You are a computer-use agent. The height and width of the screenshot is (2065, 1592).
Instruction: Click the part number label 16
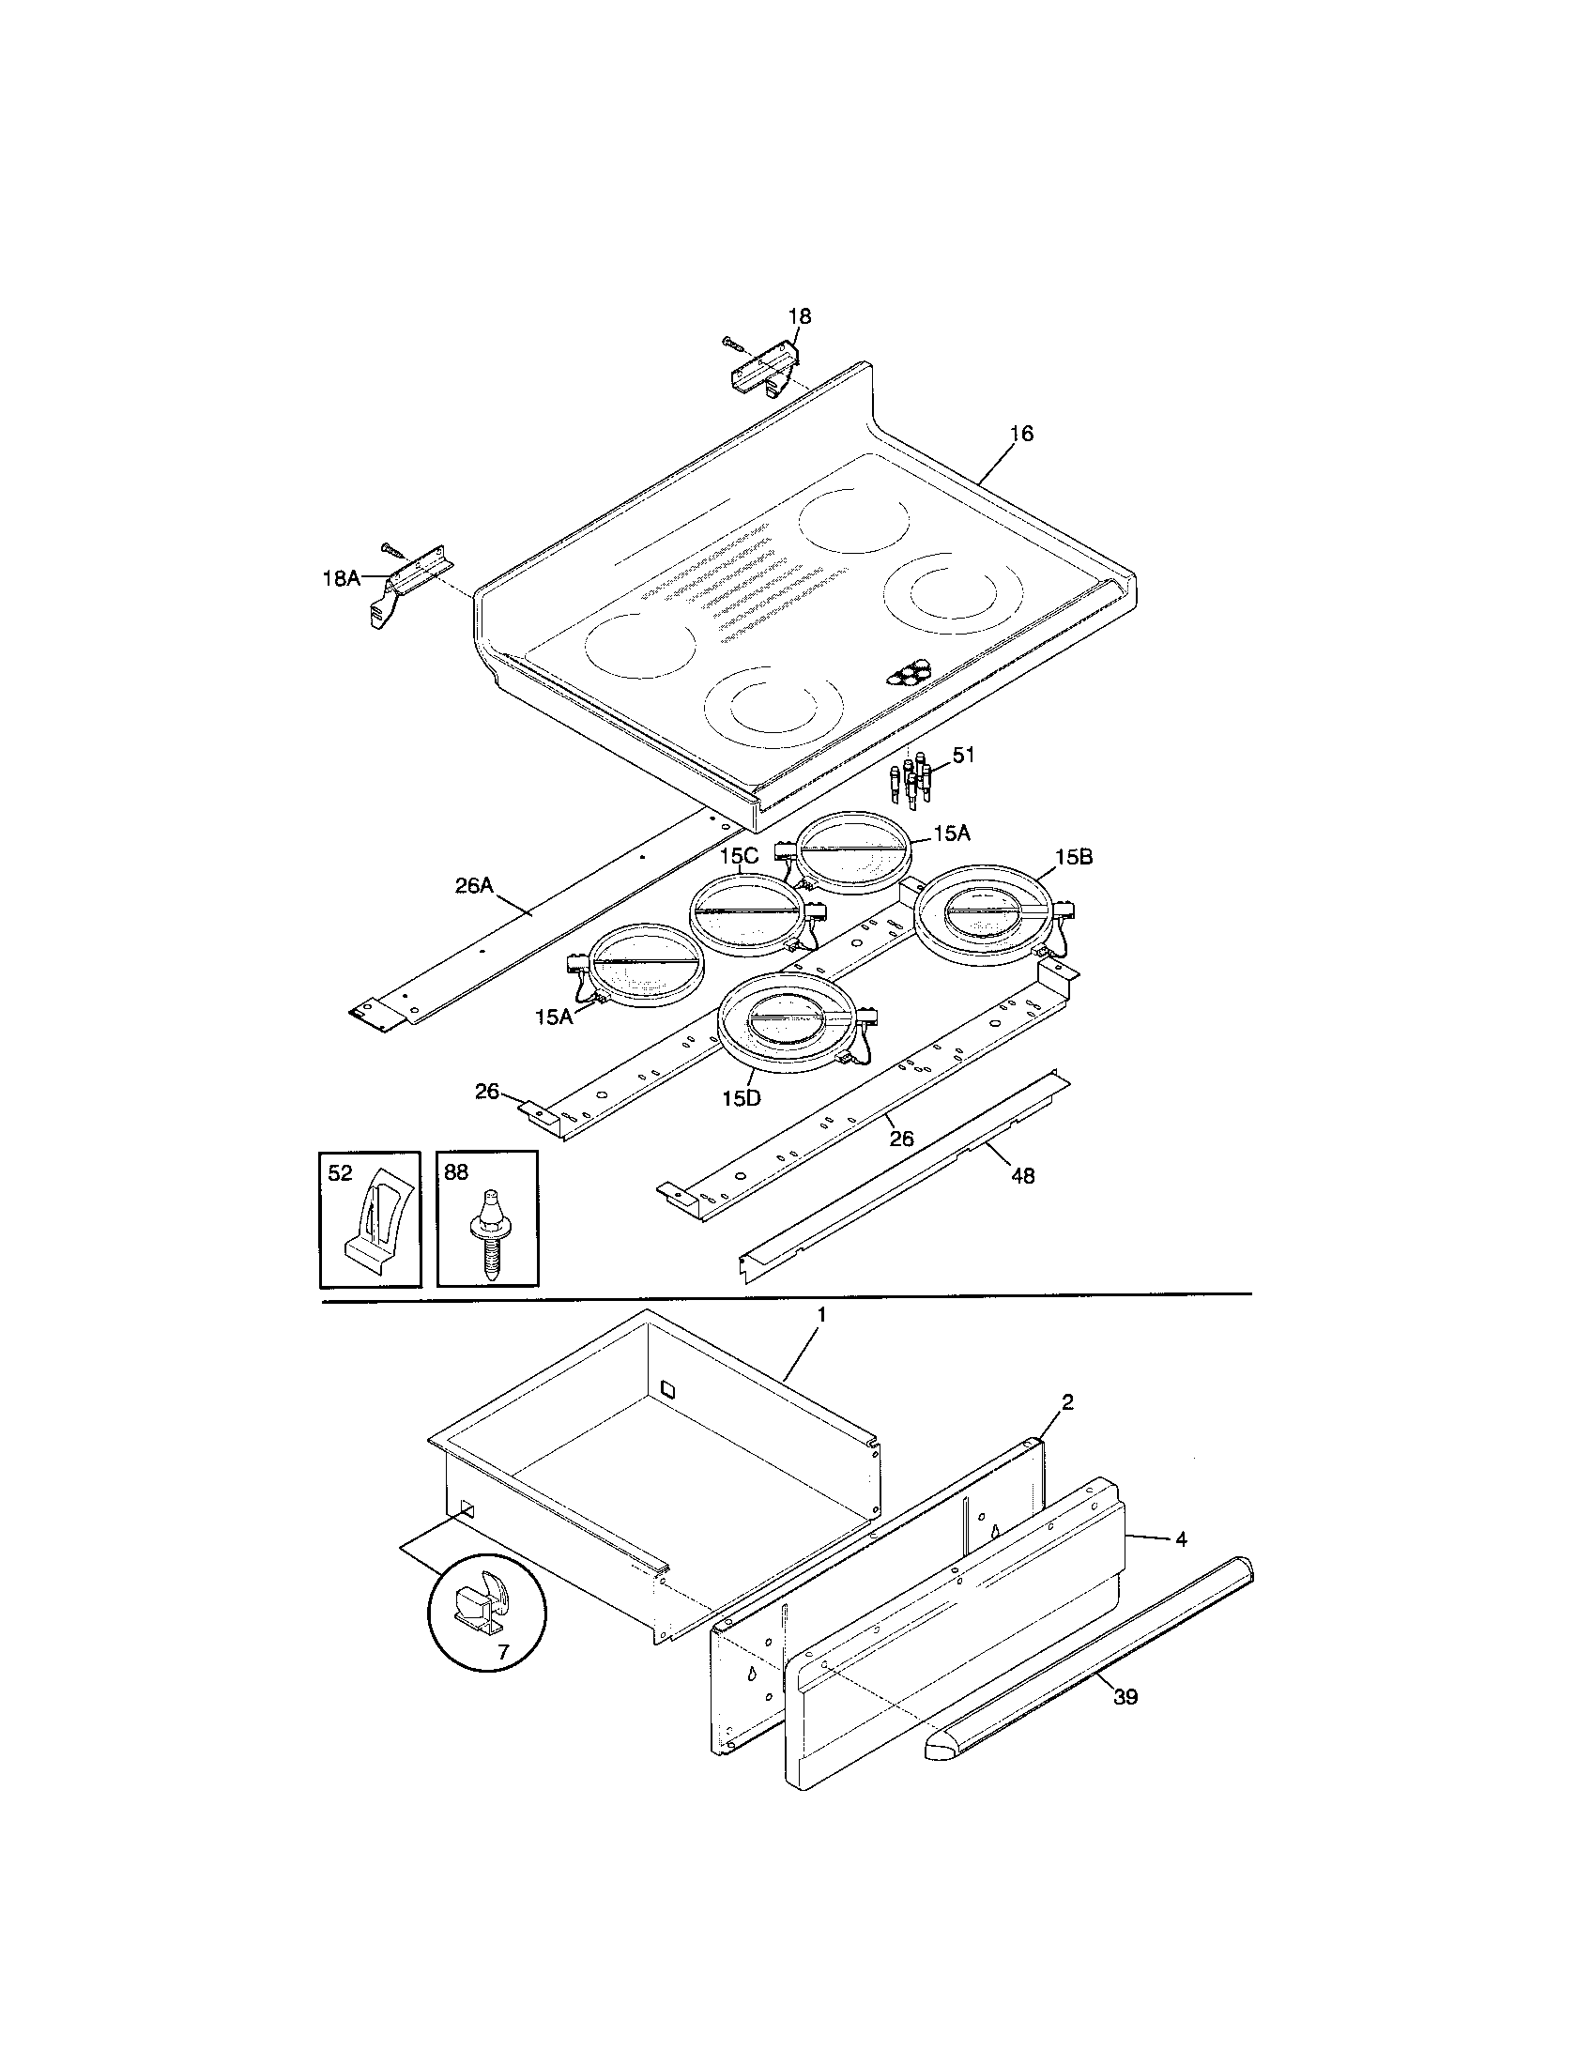[x=1021, y=434]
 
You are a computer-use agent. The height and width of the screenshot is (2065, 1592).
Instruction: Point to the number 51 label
[x=963, y=756]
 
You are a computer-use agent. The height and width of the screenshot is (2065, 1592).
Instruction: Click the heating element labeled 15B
[x=984, y=911]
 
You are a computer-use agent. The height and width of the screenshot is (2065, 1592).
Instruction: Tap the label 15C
[x=739, y=856]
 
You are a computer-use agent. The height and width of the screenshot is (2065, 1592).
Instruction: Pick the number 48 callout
[x=1022, y=1175]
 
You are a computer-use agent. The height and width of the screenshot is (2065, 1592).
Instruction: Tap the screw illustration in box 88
[x=489, y=1230]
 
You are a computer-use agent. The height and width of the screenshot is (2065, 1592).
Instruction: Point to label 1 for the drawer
[x=821, y=1314]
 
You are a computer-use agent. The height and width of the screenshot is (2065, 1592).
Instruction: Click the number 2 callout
[x=1067, y=1402]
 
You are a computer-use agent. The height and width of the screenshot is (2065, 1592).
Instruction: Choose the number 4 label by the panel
[x=1181, y=1539]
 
